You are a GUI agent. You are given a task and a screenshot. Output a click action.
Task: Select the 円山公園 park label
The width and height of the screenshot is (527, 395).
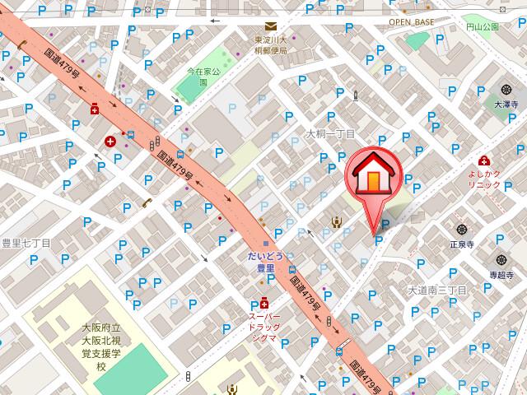[482, 26]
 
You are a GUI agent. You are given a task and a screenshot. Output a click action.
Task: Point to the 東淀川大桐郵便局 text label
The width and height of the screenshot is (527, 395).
[270, 45]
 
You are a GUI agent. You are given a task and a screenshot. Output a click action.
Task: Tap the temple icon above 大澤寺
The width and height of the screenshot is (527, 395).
[503, 90]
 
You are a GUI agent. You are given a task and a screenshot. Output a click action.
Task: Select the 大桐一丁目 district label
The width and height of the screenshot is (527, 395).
[330, 133]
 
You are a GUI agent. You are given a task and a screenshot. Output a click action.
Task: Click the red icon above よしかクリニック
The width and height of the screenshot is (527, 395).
[485, 161]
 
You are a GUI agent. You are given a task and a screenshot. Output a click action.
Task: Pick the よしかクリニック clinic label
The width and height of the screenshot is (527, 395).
[485, 179]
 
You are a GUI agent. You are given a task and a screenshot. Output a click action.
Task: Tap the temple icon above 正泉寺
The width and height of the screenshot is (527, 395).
[460, 230]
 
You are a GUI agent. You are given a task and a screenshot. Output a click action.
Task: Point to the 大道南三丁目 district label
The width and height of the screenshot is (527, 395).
[437, 290]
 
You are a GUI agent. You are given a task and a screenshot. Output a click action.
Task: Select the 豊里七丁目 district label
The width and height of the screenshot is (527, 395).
[26, 244]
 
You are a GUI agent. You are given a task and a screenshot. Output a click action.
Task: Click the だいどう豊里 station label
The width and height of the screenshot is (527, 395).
[266, 262]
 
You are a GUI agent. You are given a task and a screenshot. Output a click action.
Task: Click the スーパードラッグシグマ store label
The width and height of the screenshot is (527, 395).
[265, 327]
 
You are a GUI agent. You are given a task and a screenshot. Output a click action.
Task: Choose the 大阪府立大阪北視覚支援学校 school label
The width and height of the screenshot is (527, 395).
[100, 346]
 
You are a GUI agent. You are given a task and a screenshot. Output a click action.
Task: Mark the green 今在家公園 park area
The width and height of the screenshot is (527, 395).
[198, 88]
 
